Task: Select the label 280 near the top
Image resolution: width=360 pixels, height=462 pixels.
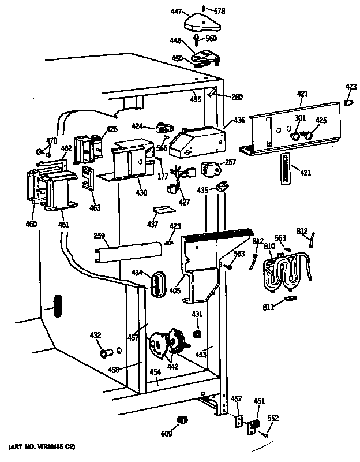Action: [237, 96]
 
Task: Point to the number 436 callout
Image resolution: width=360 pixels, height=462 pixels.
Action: [239, 121]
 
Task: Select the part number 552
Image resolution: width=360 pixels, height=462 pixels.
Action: [273, 418]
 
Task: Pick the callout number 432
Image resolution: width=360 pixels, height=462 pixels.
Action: [95, 334]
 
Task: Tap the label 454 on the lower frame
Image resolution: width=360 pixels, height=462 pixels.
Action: [156, 372]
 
